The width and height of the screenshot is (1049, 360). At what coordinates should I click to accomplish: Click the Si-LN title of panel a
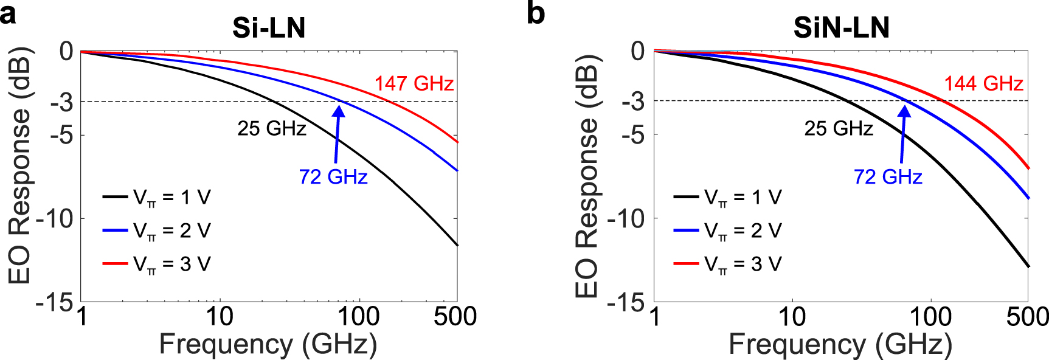(x=269, y=28)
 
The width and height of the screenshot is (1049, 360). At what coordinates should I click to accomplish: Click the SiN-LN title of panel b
(x=841, y=28)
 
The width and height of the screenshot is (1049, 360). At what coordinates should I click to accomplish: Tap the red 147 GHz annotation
(x=414, y=83)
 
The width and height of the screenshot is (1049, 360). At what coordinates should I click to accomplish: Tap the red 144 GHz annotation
(x=983, y=83)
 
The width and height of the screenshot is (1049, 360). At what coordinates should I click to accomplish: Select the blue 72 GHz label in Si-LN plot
(x=333, y=177)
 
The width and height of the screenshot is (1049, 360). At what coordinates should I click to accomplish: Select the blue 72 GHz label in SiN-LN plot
(x=888, y=177)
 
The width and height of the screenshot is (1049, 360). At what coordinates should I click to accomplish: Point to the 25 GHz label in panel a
(x=272, y=128)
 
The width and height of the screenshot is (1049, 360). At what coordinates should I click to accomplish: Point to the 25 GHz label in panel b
(x=839, y=128)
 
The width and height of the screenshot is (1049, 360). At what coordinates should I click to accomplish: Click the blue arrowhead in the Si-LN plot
(x=339, y=110)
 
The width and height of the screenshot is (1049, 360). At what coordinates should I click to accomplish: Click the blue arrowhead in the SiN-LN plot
(x=905, y=111)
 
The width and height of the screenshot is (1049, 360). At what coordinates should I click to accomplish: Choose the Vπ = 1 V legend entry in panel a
(x=157, y=197)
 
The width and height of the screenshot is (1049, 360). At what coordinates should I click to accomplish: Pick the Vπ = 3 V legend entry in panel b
(x=727, y=264)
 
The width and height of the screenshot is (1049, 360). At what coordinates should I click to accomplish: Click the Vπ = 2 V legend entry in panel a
(x=157, y=230)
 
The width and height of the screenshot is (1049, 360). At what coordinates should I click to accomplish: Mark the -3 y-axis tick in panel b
(x=632, y=102)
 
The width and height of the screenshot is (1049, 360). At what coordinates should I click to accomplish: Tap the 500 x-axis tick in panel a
(x=455, y=316)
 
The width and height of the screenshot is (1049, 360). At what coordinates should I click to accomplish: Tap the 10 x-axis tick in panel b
(x=792, y=316)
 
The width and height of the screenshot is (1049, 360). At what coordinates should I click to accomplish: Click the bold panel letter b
(x=535, y=13)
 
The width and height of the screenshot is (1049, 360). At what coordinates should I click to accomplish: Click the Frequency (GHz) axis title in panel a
(x=268, y=344)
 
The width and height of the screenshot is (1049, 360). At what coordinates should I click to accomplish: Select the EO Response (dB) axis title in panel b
(x=587, y=176)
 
